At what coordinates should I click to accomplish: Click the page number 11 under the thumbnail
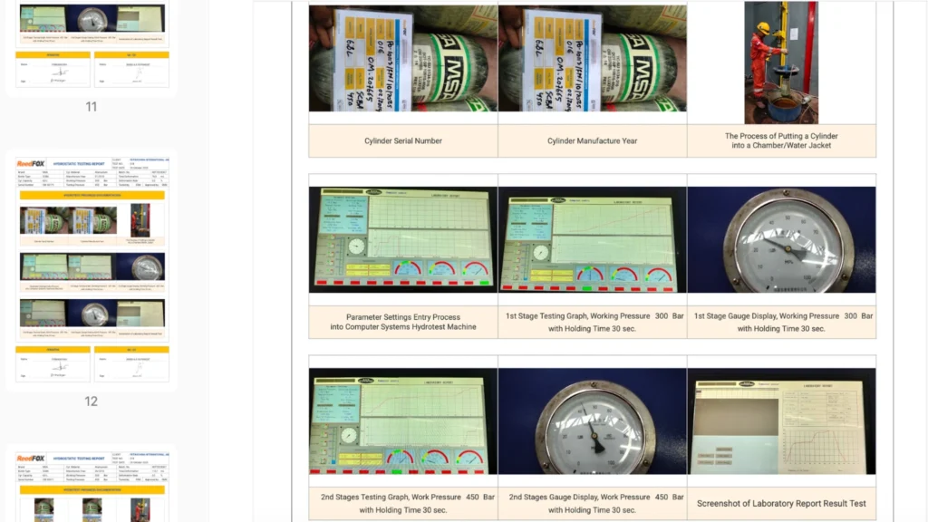pyautogui.click(x=91, y=107)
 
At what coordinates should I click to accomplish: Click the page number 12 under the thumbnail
pyautogui.click(x=91, y=401)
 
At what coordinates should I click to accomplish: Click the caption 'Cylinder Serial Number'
pyautogui.click(x=402, y=141)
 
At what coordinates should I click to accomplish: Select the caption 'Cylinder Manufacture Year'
pyautogui.click(x=592, y=141)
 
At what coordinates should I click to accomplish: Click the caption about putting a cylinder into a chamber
pyautogui.click(x=781, y=140)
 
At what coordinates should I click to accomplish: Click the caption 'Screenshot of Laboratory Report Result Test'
pyautogui.click(x=781, y=503)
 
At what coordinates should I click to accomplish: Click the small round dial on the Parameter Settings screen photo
pyautogui.click(x=356, y=246)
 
